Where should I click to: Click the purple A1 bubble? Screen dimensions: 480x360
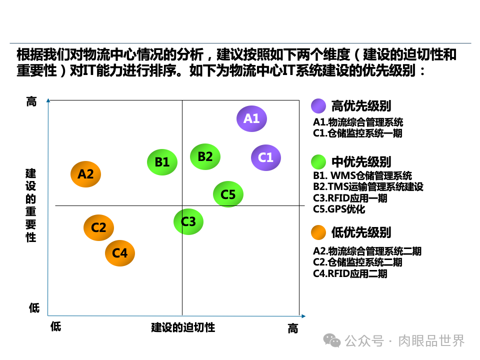point(251,119)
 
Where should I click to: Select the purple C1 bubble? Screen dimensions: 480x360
point(265,157)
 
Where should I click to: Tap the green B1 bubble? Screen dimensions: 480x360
point(162,162)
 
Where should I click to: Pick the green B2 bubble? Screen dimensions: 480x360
point(205,156)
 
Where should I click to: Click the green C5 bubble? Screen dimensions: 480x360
point(228,194)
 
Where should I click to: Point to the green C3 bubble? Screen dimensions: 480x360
point(188,221)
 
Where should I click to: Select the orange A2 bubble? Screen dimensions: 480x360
point(85,174)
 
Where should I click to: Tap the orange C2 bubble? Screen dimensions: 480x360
point(98,227)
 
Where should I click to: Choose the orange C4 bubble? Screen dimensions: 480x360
point(120,253)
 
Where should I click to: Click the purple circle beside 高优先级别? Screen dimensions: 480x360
point(318,106)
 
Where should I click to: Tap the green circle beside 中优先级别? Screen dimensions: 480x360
point(318,162)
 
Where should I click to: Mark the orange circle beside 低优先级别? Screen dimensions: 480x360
point(318,232)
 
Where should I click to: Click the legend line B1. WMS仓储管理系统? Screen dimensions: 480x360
point(362,175)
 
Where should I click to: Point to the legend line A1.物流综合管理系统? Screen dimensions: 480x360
point(358,122)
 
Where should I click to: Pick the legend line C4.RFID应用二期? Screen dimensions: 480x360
point(350,273)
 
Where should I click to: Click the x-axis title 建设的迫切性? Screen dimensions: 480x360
point(183,327)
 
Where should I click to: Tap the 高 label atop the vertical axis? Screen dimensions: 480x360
point(31,102)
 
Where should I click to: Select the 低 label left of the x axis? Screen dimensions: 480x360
point(55,326)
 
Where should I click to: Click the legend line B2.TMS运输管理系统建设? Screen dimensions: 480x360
point(368,186)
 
